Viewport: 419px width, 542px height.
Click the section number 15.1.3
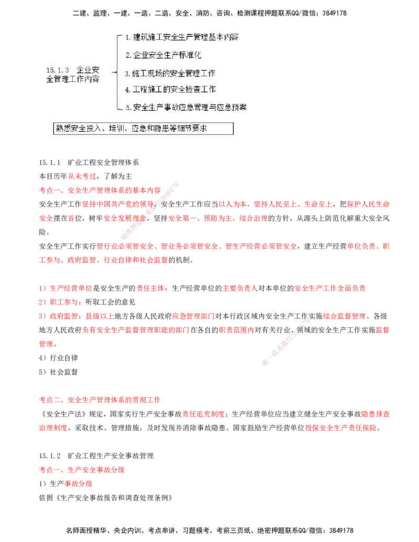point(57,70)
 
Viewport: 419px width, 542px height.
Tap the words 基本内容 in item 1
point(225,37)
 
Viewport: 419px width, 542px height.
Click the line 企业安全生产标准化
point(163,55)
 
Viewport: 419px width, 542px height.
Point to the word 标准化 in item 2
point(190,55)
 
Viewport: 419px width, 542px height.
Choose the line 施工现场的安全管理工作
point(170,73)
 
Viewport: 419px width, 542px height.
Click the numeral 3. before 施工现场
point(128,73)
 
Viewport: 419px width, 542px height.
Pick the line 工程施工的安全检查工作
point(170,90)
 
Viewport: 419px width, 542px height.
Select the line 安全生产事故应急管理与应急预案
point(186,107)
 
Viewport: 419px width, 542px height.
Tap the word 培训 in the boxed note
point(117,129)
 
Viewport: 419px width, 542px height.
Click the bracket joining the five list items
point(116,72)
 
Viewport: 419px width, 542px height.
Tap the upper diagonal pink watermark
point(150,209)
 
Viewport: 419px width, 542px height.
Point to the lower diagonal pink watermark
point(283,340)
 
